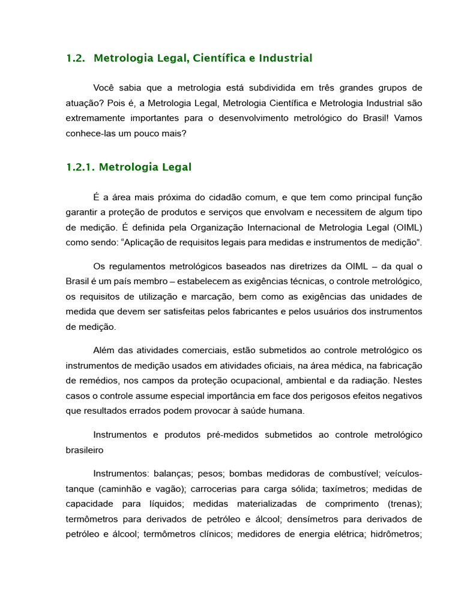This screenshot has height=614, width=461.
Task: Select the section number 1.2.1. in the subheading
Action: click(80, 167)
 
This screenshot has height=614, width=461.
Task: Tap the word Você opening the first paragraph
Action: click(106, 88)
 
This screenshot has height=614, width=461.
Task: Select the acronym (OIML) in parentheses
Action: click(407, 228)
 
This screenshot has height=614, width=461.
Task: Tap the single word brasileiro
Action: click(85, 449)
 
